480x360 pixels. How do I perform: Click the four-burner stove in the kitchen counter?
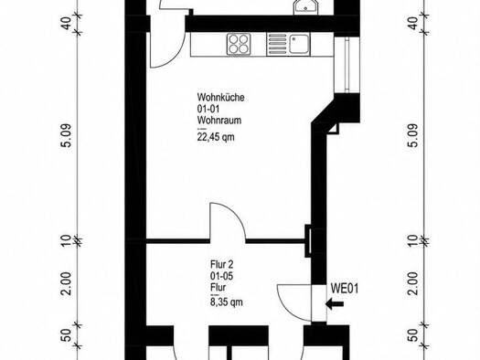(x=239, y=44)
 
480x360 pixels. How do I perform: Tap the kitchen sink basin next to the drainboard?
(x=299, y=44)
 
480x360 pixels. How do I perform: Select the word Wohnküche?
(x=220, y=98)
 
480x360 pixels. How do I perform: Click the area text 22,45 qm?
(x=216, y=137)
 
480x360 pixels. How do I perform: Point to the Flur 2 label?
(x=221, y=264)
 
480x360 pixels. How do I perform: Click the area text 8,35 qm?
(x=226, y=302)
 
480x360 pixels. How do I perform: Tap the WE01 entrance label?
(x=344, y=289)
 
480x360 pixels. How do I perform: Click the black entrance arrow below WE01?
(x=335, y=304)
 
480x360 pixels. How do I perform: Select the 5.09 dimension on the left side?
(x=67, y=135)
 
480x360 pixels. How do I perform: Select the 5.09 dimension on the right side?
(x=413, y=135)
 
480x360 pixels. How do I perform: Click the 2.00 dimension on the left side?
(x=67, y=283)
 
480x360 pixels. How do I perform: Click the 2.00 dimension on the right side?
(x=413, y=283)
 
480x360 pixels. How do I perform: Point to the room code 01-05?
(x=221, y=276)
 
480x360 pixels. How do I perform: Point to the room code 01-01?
(x=208, y=110)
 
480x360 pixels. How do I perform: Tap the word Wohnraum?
(x=219, y=121)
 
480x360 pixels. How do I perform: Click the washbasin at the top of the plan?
(x=306, y=6)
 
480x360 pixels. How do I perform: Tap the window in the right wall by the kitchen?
(x=347, y=65)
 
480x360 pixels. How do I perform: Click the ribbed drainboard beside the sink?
(x=277, y=45)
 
